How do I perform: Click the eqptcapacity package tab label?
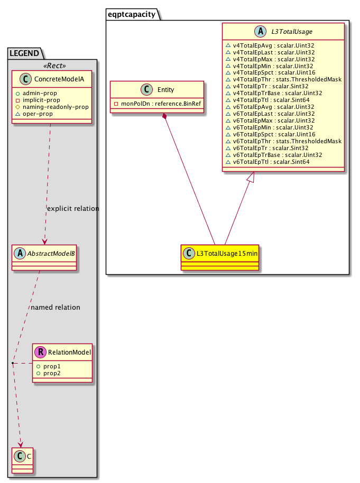(132, 14)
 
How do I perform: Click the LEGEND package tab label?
(25, 53)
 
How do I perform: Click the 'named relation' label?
(56, 307)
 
